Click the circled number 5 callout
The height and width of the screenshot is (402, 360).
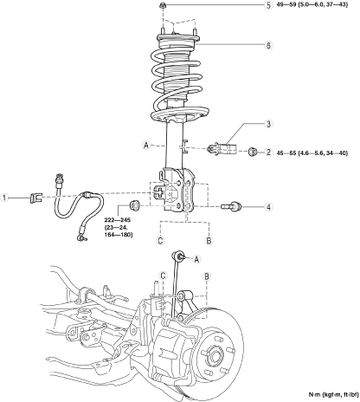268,5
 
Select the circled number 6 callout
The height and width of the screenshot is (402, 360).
268,45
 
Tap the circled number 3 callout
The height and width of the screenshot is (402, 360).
268,124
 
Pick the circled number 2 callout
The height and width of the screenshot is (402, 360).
268,152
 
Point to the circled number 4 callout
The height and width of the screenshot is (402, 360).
268,207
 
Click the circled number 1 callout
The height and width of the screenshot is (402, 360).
4,198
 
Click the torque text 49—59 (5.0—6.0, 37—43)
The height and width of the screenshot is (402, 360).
312,5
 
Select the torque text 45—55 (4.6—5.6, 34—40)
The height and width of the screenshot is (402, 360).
312,152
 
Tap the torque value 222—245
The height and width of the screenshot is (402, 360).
118,220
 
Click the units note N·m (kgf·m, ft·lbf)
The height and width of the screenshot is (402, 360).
333,394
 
